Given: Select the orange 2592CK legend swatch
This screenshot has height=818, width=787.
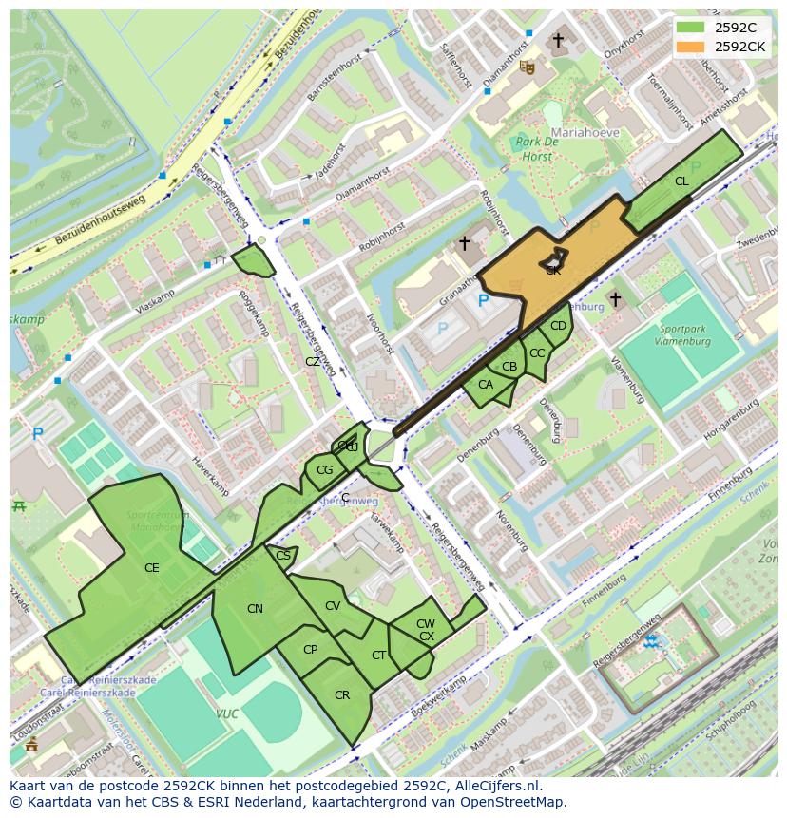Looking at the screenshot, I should (x=691, y=47).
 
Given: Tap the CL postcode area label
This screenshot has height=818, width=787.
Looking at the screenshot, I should (x=681, y=181).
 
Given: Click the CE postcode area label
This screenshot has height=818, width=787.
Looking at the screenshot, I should (x=151, y=568).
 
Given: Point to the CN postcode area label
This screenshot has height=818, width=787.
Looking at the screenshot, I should (x=255, y=609).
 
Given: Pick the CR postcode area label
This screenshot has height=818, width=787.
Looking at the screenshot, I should (x=342, y=695).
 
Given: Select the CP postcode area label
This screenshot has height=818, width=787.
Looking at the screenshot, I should (x=310, y=650).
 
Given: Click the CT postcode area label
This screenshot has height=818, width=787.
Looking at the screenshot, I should (x=378, y=656).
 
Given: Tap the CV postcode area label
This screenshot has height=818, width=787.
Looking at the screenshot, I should (x=333, y=606).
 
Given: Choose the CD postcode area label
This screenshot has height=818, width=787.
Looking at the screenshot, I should (x=558, y=326).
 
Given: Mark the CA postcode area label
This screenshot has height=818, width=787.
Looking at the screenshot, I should (x=485, y=385).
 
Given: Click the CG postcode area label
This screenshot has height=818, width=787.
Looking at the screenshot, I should (x=324, y=469).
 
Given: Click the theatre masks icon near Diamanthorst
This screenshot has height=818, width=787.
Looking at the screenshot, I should (x=527, y=67).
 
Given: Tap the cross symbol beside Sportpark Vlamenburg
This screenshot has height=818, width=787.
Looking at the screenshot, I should (x=615, y=299).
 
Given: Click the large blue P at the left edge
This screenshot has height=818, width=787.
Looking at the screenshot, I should (x=38, y=434).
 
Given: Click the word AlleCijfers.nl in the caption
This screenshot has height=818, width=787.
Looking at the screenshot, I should (x=494, y=786).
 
